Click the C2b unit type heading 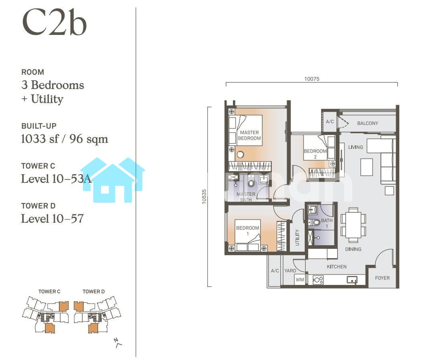tap(55, 22)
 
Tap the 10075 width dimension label tap(312, 79)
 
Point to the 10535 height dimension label tap(204, 197)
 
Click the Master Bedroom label tap(249, 136)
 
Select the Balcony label tap(368, 123)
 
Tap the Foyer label tap(382, 278)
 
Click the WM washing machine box tap(300, 280)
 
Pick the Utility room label tap(297, 237)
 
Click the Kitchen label tap(337, 266)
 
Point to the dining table tap(353, 225)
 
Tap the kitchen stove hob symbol tap(318, 280)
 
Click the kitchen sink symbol tap(352, 280)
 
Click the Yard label tap(290, 271)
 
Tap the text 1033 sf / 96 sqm tap(64, 139)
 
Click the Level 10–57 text tap(53, 219)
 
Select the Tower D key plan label tap(93, 291)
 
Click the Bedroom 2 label tap(315, 154)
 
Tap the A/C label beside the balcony tap(330, 122)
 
